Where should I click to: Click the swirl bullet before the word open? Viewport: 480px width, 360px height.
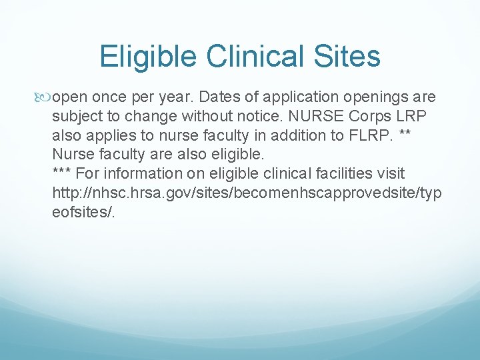45,97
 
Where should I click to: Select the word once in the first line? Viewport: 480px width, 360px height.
108,97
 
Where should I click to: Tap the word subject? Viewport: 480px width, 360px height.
75,117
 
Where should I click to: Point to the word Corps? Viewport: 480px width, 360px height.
373,117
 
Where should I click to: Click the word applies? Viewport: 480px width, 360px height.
105,136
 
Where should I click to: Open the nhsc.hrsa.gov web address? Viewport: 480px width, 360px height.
247,193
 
